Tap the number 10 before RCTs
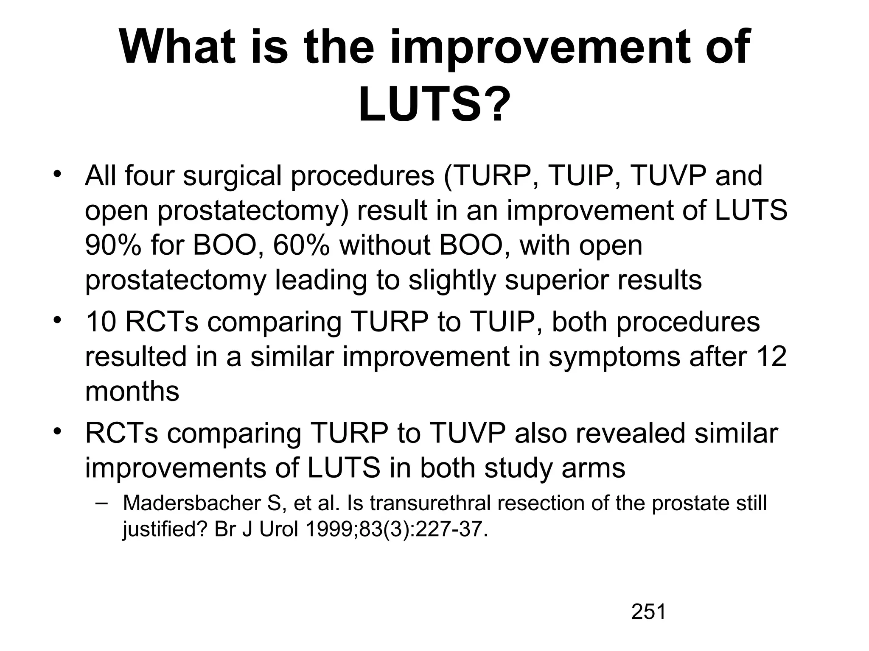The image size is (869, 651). [x=101, y=322]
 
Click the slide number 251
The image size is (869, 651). [x=648, y=612]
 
